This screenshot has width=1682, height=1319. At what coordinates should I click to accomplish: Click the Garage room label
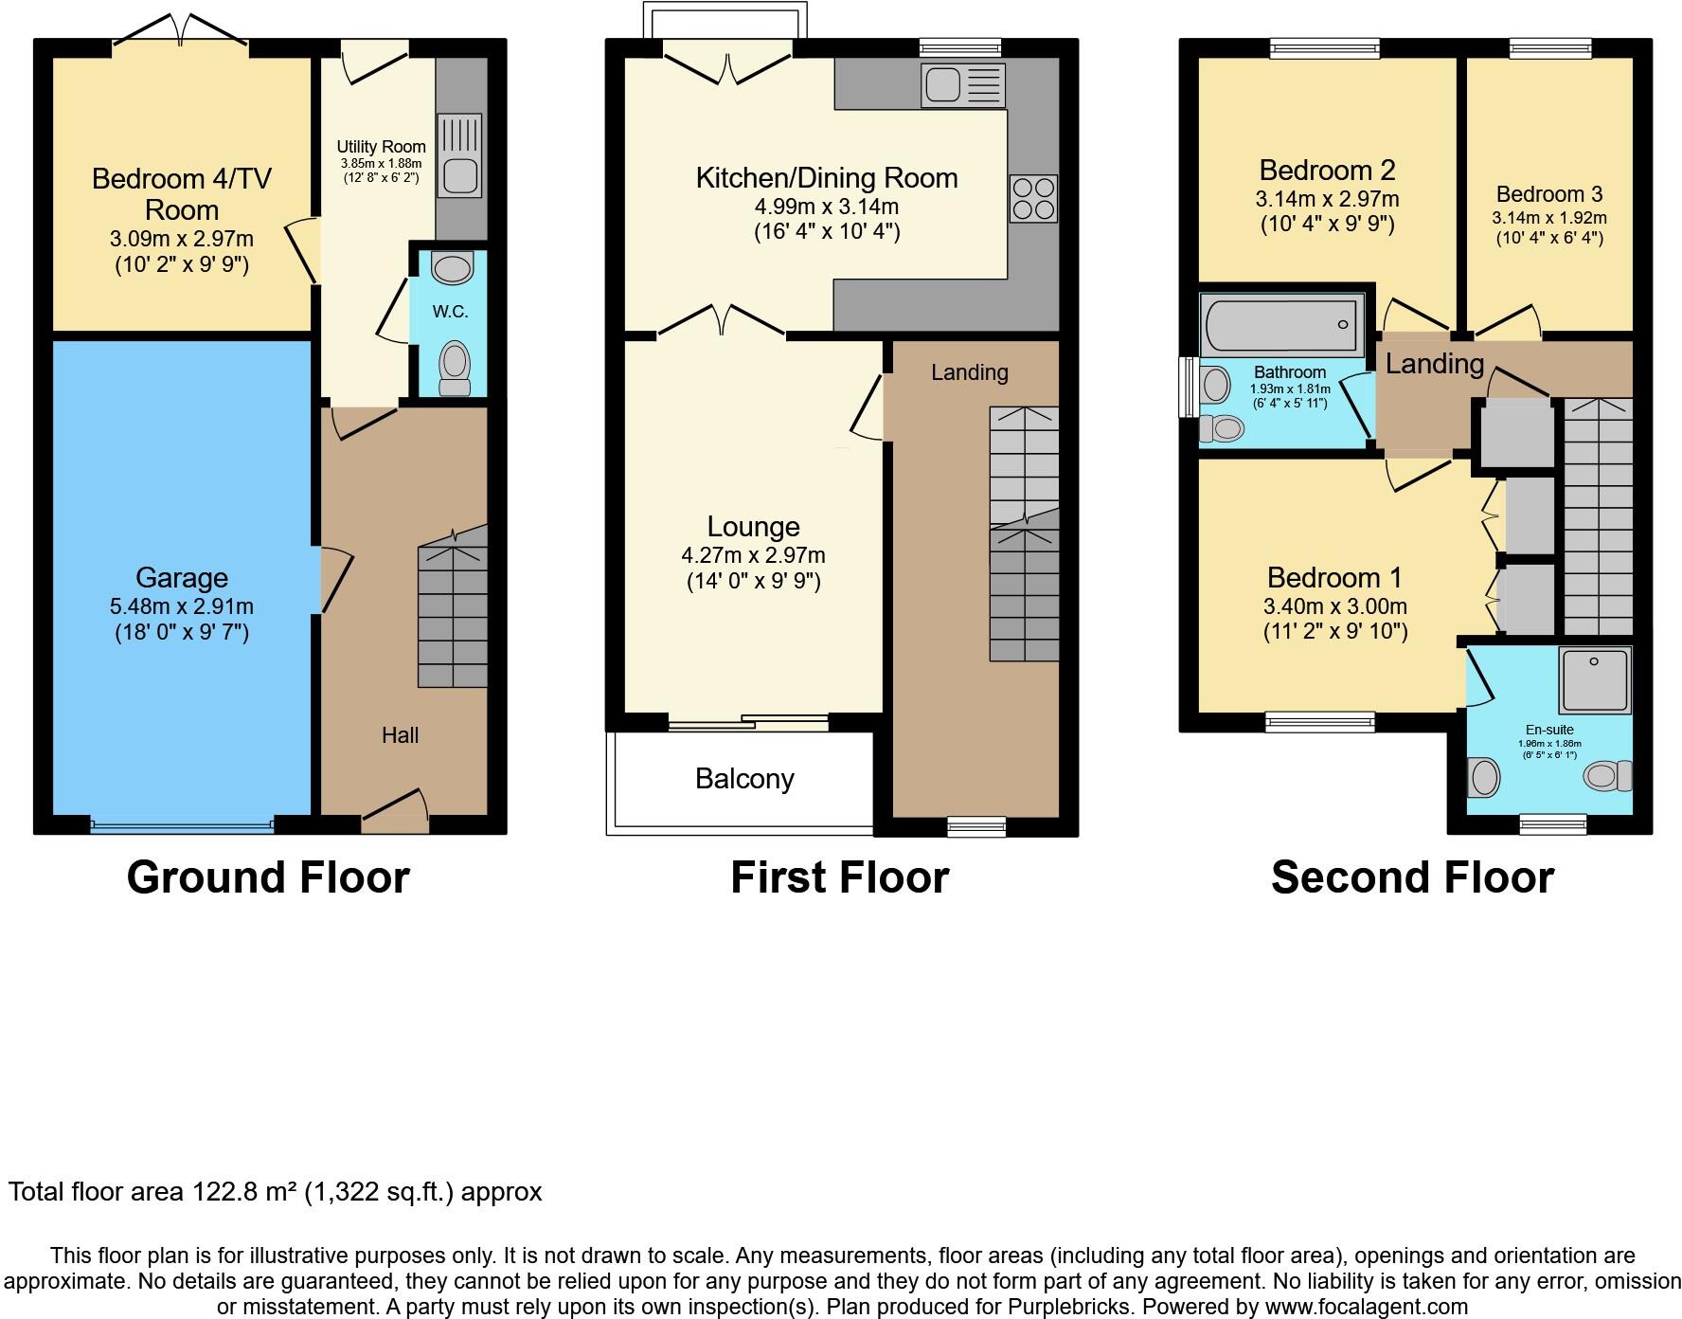(182, 577)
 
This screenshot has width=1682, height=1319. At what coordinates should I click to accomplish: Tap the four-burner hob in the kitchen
(1032, 199)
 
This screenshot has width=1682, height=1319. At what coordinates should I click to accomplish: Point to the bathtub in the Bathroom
(1281, 324)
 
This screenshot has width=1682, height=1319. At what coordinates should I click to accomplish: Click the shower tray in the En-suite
(1596, 680)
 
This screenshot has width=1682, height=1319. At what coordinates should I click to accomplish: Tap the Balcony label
(744, 779)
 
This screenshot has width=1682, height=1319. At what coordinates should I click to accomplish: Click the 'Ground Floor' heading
(268, 877)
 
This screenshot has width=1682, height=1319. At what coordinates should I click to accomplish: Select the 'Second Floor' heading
(1412, 877)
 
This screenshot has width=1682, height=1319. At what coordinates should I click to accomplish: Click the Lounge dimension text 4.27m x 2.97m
(753, 555)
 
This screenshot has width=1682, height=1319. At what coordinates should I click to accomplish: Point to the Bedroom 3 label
(1549, 194)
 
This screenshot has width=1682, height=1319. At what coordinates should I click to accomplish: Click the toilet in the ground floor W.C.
(455, 368)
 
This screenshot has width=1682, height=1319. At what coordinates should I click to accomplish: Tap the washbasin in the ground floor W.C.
(452, 267)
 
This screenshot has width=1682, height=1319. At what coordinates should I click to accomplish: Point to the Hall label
(400, 735)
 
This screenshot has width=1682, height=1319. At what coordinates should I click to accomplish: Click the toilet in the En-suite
(1607, 775)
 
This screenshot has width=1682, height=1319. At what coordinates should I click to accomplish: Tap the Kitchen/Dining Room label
(827, 178)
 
